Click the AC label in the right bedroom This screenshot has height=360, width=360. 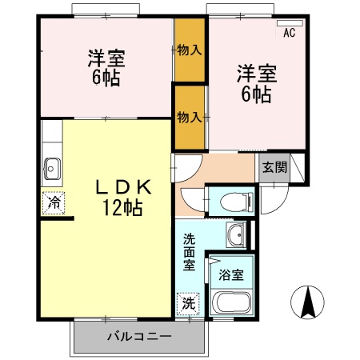(290, 33)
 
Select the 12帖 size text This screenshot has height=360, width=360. (122, 209)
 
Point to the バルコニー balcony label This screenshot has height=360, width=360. (139, 337)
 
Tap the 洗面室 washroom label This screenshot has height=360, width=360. (189, 252)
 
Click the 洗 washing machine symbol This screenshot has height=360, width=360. (186, 304)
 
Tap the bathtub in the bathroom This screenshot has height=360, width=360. (233, 305)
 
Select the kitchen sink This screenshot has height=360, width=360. (54, 168)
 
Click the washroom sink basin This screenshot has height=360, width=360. (236, 235)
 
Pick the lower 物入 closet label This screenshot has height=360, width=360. (189, 117)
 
